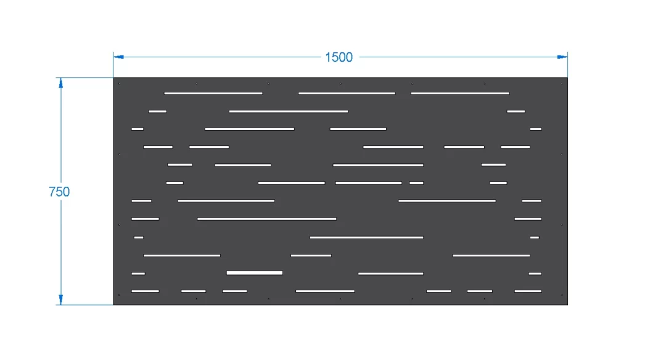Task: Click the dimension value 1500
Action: [x=339, y=57]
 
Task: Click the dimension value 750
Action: [x=59, y=192]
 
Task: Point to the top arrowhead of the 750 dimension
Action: [x=60, y=83]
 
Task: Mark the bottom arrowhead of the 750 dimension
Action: [x=60, y=300]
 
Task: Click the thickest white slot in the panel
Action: [x=255, y=272]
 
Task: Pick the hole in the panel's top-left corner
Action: [x=119, y=83]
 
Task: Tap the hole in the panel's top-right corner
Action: [x=561, y=83]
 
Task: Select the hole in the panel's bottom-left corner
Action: [x=119, y=295]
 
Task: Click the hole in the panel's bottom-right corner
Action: [x=561, y=295]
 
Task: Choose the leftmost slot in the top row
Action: [x=213, y=93]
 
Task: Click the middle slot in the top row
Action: [x=347, y=93]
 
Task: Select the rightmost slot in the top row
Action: [x=460, y=93]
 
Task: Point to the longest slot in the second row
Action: [x=289, y=111]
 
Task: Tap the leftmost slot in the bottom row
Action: [x=145, y=291]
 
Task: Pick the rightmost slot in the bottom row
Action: [x=528, y=291]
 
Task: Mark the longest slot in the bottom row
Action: [x=325, y=291]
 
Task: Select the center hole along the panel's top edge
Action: [x=340, y=83]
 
